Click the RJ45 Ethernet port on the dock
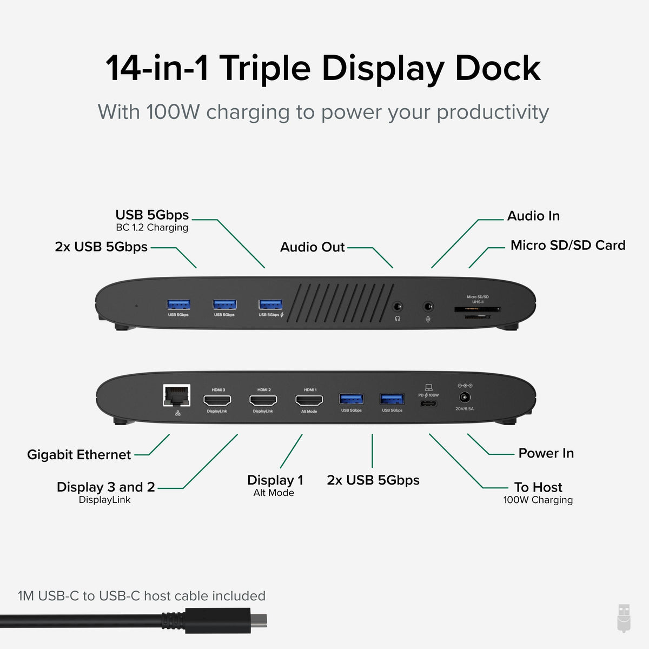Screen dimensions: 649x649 [x=177, y=395]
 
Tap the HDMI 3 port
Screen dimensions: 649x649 [x=217, y=400]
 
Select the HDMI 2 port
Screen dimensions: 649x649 [x=263, y=400]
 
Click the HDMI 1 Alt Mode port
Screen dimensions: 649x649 [x=309, y=400]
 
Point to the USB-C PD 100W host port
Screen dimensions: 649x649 [x=428, y=403]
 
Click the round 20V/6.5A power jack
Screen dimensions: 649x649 [x=464, y=398]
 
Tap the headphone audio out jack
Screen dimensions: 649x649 [x=398, y=307]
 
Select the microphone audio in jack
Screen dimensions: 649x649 [x=428, y=307]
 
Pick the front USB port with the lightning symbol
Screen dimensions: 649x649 [x=270, y=304]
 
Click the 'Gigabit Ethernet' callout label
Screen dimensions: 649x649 [x=79, y=455]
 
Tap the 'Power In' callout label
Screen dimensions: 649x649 [x=546, y=453]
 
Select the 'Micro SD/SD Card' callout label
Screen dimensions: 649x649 [x=567, y=246]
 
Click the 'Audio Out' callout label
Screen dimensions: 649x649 [x=312, y=247]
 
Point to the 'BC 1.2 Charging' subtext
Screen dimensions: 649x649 [x=152, y=228]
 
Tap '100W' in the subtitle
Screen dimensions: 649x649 [x=173, y=112]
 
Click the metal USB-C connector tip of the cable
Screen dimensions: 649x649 [x=258, y=620]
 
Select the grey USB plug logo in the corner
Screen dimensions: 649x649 [x=624, y=618]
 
